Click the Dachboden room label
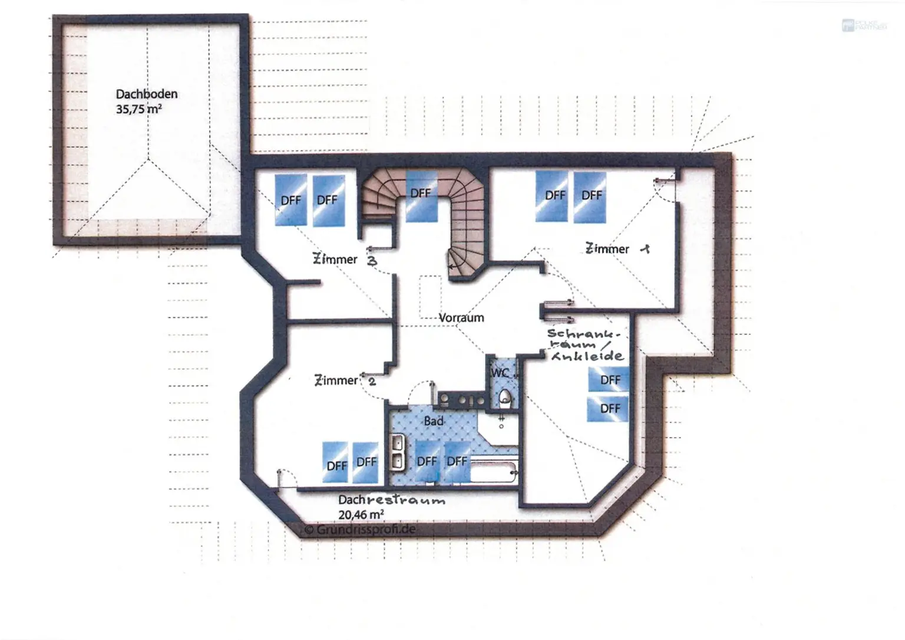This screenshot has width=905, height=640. coord(146,94)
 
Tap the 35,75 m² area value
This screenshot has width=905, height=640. coord(138,109)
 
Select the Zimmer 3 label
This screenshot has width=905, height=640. coord(345,260)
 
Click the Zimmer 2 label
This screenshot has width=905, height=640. coord(345,381)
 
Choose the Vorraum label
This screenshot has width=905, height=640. coord(461,318)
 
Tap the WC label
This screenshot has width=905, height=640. coord(500,373)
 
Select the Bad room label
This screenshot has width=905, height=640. coord(434,421)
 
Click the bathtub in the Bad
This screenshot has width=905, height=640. coord(494,472)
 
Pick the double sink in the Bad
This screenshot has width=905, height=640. coord(398,451)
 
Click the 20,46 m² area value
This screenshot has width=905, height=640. coord(361,515)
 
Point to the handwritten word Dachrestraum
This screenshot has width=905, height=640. coord(391,500)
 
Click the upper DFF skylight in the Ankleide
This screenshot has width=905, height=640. coord(609,379)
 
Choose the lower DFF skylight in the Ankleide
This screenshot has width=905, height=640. coord(608,408)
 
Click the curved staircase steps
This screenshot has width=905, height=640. coord(465,236)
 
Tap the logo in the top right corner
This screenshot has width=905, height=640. coord(863,25)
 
